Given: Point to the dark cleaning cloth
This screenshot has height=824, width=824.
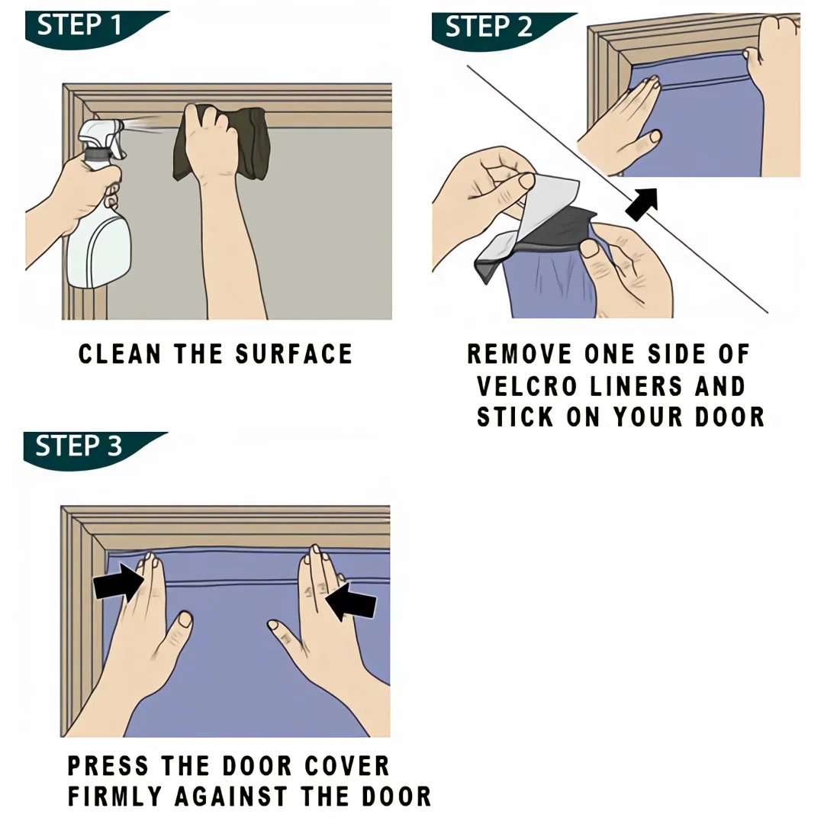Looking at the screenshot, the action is (220, 143).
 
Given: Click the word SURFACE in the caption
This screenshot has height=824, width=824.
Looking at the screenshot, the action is (294, 354).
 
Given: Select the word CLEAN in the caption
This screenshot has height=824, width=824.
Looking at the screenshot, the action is (120, 354).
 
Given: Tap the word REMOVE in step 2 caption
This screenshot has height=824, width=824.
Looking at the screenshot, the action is (520, 354).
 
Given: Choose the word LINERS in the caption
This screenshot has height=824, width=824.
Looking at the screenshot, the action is (636, 386).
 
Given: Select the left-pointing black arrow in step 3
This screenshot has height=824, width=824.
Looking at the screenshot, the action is (350, 601).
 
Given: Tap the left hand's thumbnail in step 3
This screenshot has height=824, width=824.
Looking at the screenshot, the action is (185, 619).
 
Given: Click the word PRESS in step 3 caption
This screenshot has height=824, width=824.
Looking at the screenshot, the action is (108, 766).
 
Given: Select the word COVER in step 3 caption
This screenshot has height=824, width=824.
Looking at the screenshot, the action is (347, 766).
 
